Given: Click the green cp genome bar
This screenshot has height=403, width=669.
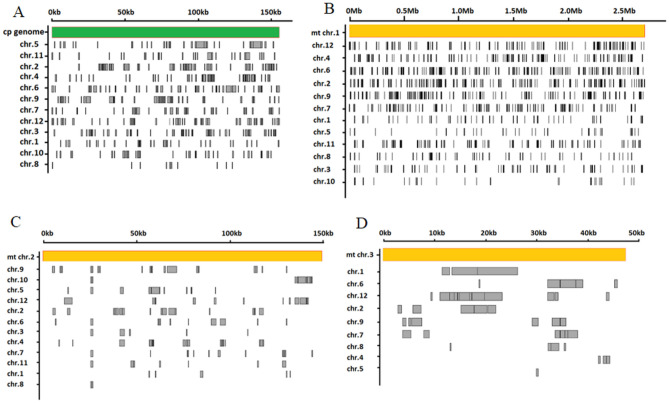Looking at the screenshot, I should (x=165, y=33).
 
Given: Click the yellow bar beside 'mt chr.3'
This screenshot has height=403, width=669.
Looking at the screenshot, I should (x=505, y=255).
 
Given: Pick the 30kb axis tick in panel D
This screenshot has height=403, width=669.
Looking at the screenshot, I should (x=538, y=234).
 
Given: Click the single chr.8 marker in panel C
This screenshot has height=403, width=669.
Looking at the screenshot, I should (x=91, y=384).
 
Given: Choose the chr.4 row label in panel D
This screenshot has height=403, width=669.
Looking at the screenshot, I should (x=357, y=358).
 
